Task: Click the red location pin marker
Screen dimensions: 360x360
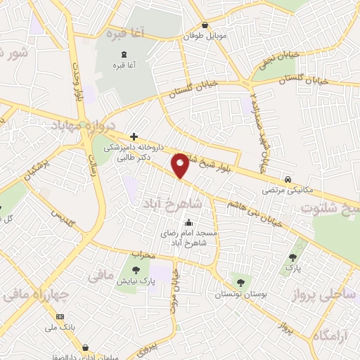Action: (181, 165)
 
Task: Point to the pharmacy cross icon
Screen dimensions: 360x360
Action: (134, 136)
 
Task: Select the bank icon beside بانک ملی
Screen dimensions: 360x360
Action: (60, 317)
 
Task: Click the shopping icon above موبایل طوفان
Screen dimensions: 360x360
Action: (205, 25)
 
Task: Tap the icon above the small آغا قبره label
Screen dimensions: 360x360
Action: (124, 54)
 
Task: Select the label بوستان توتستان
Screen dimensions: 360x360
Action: (241, 293)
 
